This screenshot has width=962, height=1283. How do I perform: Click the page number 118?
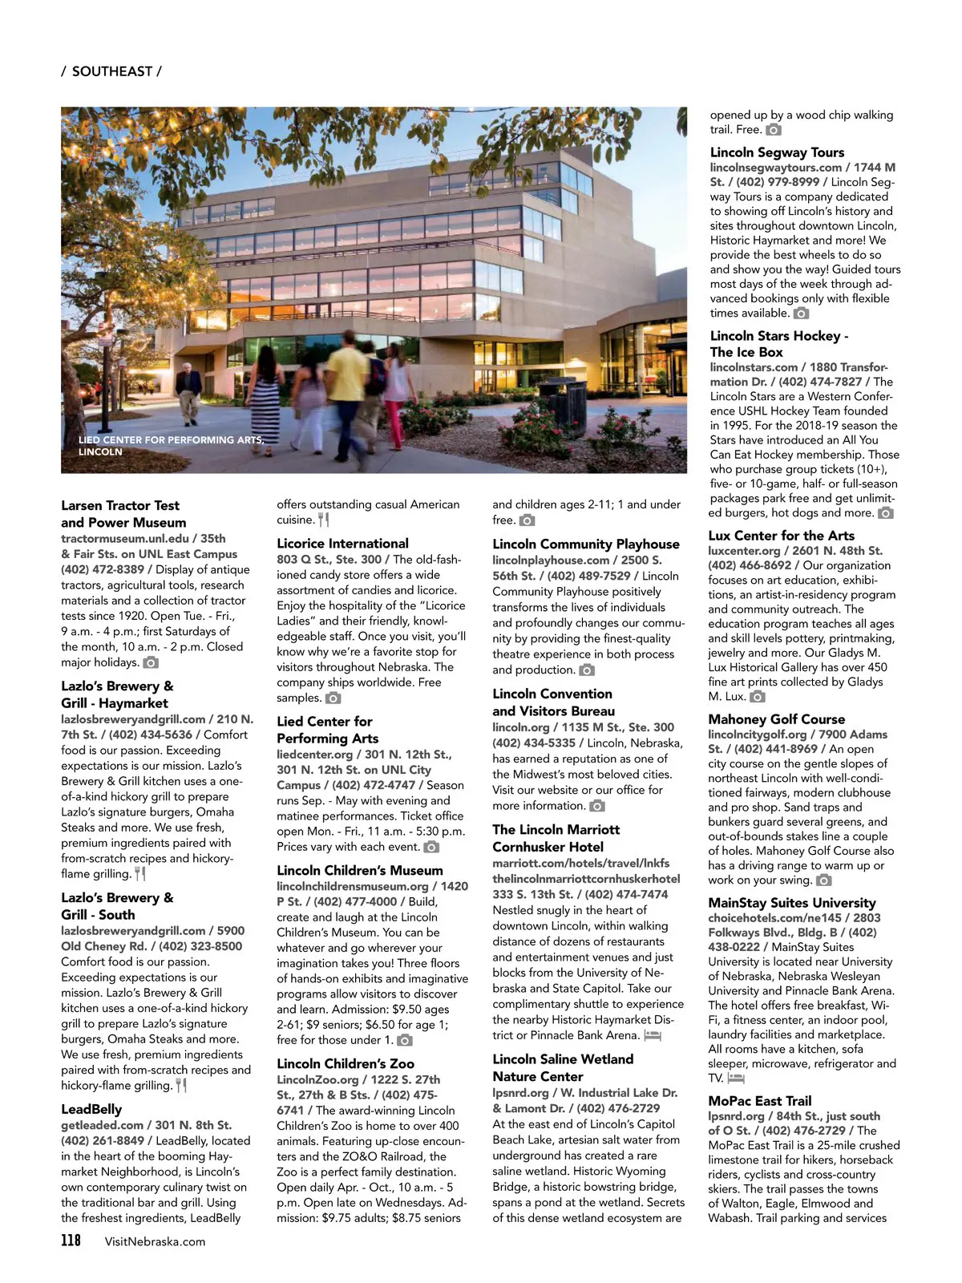[x=71, y=1241]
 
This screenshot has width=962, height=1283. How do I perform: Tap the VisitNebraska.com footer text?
[x=155, y=1241]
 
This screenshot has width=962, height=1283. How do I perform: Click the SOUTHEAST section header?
[x=111, y=71]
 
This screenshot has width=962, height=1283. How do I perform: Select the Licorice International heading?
[x=342, y=543]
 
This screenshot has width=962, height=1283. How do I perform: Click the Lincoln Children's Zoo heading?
[x=346, y=1063]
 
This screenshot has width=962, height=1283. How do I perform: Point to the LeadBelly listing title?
[x=91, y=1109]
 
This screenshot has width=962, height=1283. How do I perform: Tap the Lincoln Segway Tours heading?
[x=777, y=152]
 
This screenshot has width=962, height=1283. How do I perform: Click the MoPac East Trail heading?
[x=759, y=1101]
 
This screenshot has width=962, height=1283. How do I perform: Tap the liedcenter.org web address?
[x=315, y=755]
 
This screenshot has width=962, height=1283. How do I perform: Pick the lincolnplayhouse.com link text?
[x=551, y=561]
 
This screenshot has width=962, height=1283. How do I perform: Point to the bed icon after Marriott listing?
[x=652, y=1035]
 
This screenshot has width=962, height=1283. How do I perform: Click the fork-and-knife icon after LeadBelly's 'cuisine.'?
[x=323, y=520]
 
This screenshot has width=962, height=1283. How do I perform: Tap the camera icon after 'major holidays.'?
[x=151, y=662]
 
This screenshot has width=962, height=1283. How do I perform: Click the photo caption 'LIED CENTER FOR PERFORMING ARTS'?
[x=170, y=440]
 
